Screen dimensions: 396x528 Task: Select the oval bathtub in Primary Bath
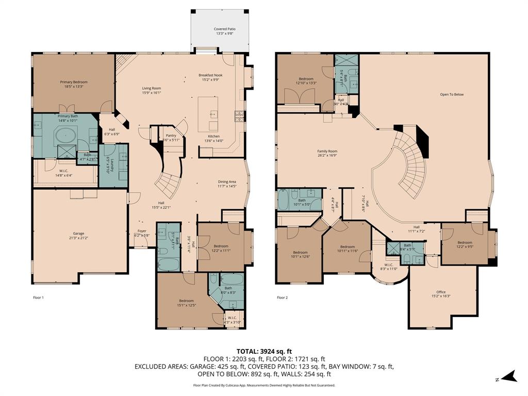click(x=65, y=137)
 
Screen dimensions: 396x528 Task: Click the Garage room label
click(x=79, y=235)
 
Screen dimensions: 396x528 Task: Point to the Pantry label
click(x=171, y=136)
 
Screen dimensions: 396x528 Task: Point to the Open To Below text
click(x=452, y=94)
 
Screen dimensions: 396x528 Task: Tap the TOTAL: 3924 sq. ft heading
click(x=264, y=351)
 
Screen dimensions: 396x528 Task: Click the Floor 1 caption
click(x=38, y=298)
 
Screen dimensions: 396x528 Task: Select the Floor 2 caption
click(x=282, y=298)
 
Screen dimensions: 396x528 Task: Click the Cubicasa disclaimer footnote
click(x=264, y=385)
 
